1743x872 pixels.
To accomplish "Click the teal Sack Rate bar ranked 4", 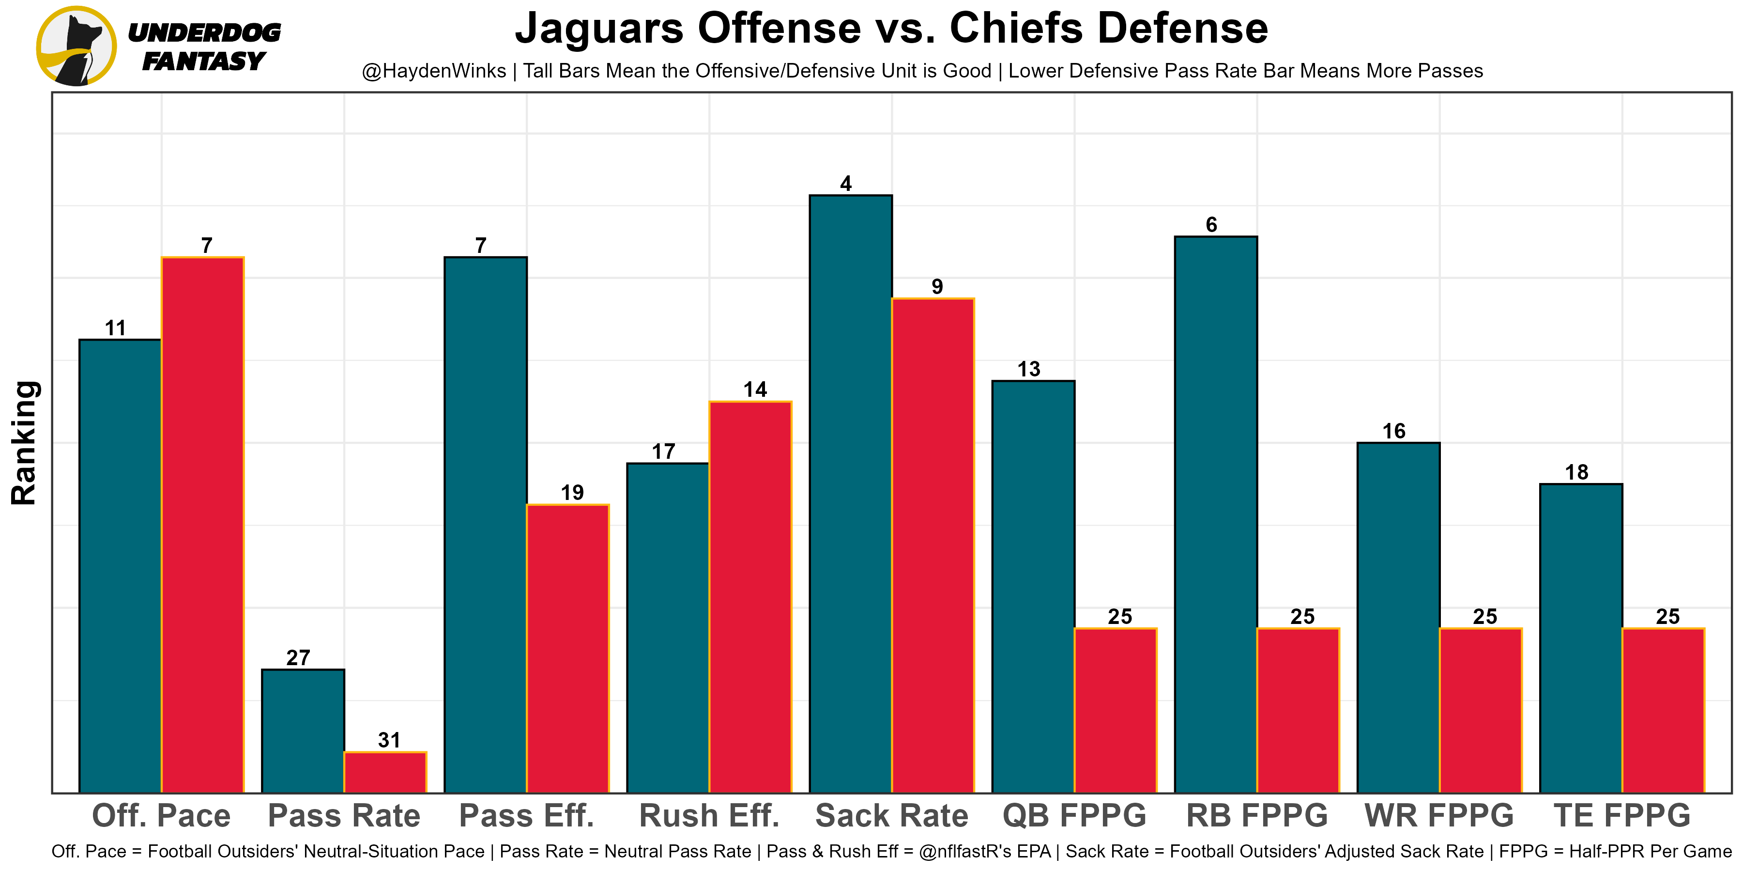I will pos(851,494).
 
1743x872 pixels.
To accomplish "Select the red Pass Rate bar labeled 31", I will pos(385,772).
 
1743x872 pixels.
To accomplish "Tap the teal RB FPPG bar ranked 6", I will pos(1216,514).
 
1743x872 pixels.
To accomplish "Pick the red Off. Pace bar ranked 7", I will pos(202,525).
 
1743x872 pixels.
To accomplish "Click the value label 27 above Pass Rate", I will pos(298,658).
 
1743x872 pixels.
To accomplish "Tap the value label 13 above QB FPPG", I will pos(1028,370).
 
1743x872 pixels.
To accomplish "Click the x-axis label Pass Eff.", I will pos(526,816).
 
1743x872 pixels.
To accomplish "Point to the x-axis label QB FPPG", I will pos(1074,816).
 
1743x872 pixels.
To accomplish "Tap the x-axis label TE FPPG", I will pos(1622,816).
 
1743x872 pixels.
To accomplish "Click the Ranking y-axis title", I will pos(24,443).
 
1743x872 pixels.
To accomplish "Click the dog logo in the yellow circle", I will pos(76,46).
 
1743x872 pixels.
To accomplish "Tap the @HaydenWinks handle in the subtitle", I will pos(434,71).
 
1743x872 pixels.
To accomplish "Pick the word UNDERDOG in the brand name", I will pos(204,32).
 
